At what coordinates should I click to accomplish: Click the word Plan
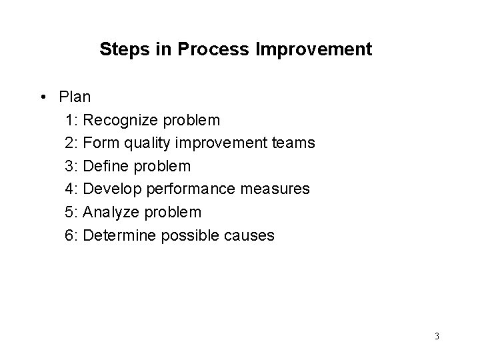pos(75,97)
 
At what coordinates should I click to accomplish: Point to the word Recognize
pos(118,120)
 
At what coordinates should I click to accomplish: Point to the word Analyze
pos(110,212)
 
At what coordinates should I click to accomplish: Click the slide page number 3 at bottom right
pos(436,335)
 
